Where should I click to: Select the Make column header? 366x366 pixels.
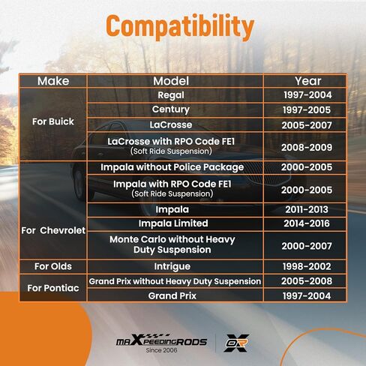point(53,81)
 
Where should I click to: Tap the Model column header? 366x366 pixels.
point(171,81)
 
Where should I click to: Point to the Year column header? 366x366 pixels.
point(307,81)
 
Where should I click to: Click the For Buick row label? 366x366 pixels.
point(53,121)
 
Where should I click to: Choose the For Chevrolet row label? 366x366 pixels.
point(53,230)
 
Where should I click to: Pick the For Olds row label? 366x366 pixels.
point(53,266)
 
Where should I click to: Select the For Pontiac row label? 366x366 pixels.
point(53,288)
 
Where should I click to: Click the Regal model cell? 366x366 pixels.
point(171,95)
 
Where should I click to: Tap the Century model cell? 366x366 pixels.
point(171,109)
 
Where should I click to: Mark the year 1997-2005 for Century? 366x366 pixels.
point(307,110)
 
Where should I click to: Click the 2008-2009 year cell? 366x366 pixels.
point(307,148)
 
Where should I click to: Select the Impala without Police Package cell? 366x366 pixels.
point(172,167)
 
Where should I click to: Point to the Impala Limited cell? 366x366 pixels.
point(173,223)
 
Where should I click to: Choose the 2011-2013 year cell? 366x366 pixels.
point(307,209)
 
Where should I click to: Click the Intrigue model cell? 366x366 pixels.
point(172,266)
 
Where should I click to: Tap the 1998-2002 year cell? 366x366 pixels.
point(307,266)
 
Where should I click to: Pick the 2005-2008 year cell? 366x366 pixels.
point(307,281)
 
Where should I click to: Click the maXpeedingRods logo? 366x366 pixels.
point(161,340)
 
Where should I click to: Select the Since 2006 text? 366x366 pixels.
point(161,350)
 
